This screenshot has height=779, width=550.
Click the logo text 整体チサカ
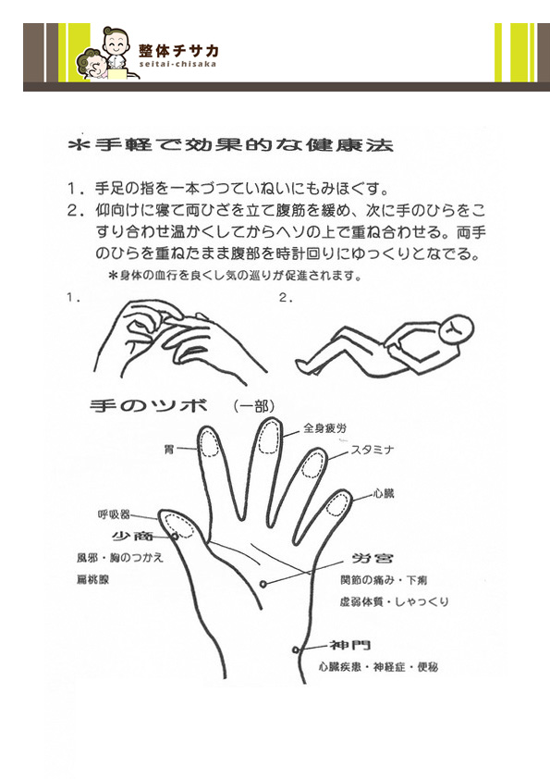coord(178,50)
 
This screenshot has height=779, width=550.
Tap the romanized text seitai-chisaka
coord(177,64)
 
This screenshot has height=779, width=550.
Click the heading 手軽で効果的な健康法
coord(231,144)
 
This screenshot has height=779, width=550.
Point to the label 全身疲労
coord(324,427)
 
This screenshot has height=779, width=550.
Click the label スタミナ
coord(373,450)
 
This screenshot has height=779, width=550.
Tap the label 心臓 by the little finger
coord(384,494)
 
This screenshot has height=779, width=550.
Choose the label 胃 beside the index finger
coord(169,451)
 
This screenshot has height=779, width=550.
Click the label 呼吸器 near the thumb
coord(114,514)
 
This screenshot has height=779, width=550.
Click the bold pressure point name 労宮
coord(373,558)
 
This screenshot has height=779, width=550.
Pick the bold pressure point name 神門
coord(350,645)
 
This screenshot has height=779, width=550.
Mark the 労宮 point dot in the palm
coord(263,584)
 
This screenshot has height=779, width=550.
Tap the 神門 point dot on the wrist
coord(296,649)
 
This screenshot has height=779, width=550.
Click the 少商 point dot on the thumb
coord(175,536)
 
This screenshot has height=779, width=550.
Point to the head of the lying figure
coord(457,330)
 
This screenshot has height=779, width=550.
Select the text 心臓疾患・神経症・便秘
coord(378,667)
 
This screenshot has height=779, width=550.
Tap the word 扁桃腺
coord(92,579)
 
